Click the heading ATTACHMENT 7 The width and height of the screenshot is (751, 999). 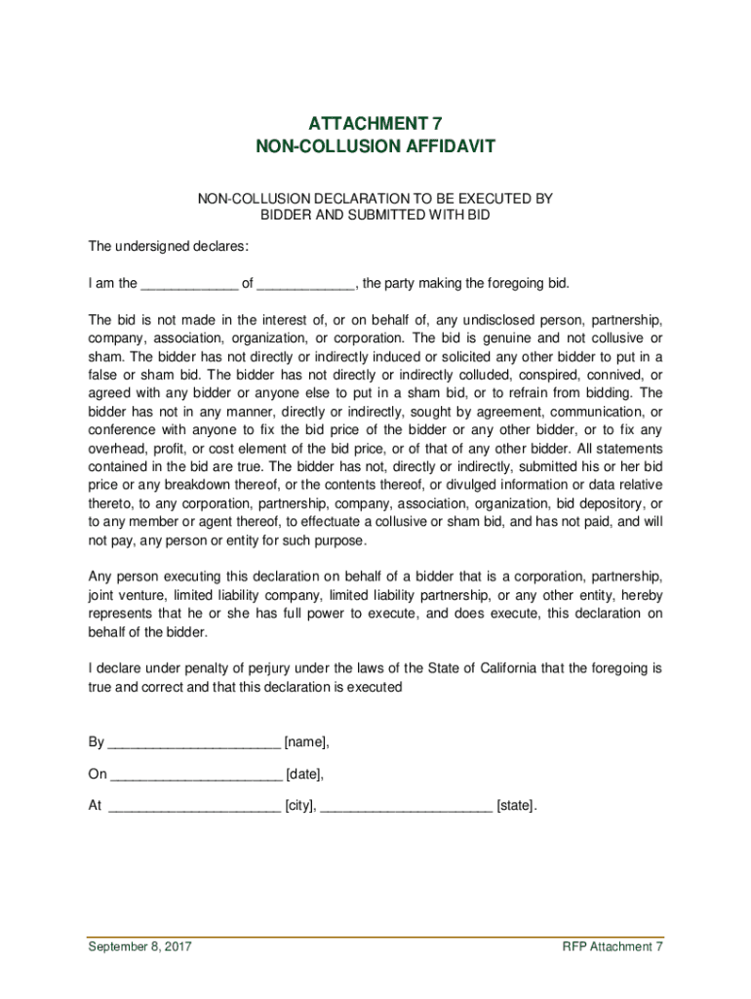point(375,124)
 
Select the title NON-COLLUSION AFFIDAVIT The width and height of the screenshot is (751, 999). point(375,146)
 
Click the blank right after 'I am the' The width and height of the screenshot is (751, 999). point(189,285)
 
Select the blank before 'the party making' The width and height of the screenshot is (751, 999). point(305,285)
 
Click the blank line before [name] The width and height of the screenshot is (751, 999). point(193,743)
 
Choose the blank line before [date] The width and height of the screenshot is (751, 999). point(196,776)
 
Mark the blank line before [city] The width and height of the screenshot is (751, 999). point(194,808)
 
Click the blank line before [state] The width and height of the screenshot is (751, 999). point(406,808)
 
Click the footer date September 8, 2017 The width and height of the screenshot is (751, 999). point(139,947)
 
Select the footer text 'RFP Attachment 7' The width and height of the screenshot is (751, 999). point(613,947)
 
